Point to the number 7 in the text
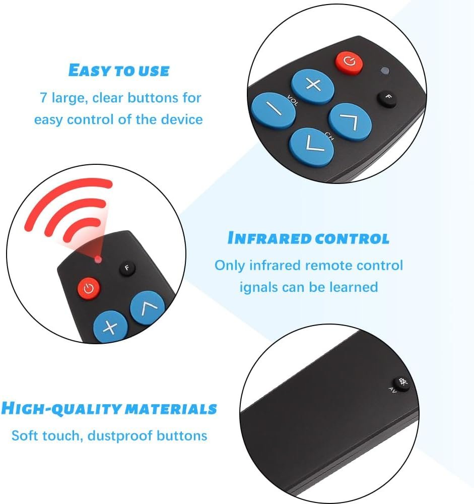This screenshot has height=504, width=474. click(x=43, y=98)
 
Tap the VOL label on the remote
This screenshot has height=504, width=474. click(x=293, y=101)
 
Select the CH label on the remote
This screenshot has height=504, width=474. click(x=329, y=136)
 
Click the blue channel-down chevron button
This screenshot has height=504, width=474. click(x=311, y=147)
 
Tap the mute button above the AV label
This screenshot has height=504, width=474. click(x=402, y=383)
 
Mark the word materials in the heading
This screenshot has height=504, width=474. click(x=171, y=409)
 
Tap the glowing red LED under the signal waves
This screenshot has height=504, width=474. click(x=98, y=260)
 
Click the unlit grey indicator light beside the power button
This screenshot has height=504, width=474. click(x=385, y=71)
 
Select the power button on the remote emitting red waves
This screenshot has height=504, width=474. click(x=89, y=288)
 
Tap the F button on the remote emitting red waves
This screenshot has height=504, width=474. click(x=127, y=268)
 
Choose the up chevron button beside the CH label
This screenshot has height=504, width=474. click(x=350, y=122)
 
